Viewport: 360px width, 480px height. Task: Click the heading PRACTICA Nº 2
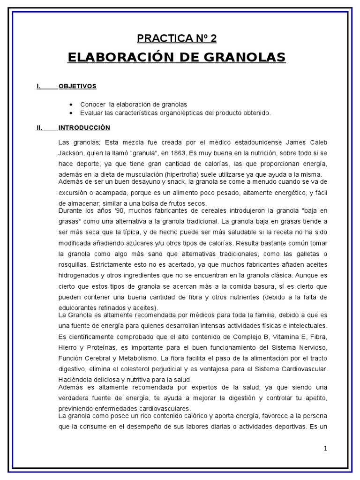(176, 38)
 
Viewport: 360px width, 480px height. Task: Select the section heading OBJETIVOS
(77, 86)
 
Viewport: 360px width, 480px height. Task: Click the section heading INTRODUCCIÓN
(84, 127)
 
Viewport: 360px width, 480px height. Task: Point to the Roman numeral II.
(39, 127)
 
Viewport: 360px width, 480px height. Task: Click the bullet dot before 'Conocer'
(70, 104)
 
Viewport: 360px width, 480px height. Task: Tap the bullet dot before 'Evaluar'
(70, 113)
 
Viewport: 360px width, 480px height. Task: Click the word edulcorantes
(76, 307)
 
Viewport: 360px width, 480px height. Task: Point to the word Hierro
(68, 347)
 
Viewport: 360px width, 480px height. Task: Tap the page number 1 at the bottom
(325, 448)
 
